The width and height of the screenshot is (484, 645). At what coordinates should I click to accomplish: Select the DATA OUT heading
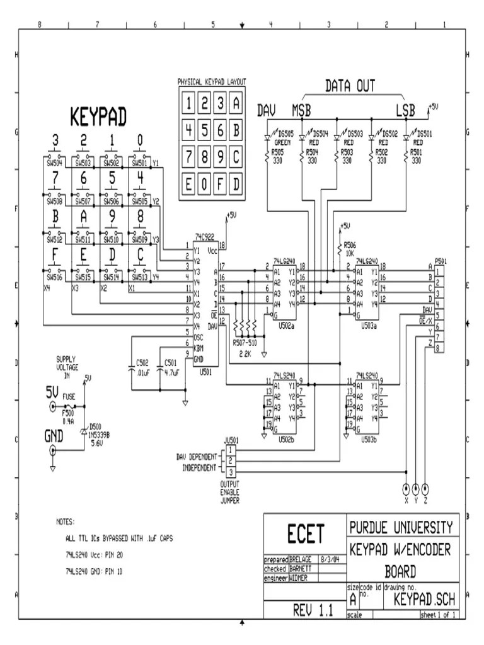350,86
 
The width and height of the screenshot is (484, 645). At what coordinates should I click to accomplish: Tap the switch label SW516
54,277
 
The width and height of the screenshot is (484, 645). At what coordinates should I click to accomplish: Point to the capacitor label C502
142,363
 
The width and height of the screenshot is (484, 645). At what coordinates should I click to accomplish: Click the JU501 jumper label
231,440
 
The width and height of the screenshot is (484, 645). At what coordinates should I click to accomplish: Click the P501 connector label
442,261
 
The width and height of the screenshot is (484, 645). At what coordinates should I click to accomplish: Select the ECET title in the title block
305,534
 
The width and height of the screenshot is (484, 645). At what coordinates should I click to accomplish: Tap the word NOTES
66,522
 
